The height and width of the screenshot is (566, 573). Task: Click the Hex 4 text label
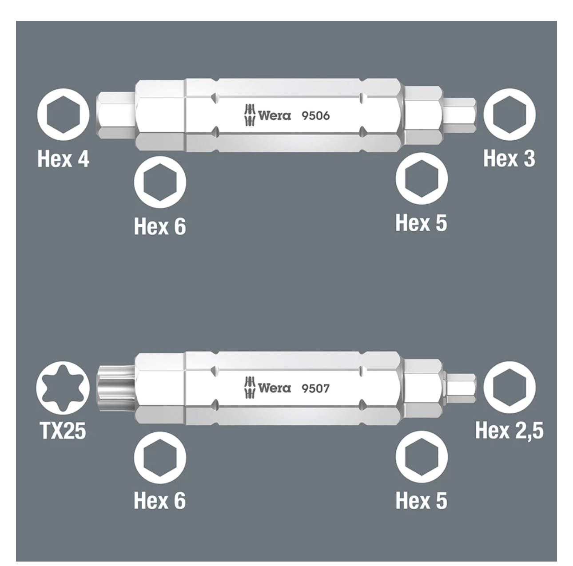pos(64,159)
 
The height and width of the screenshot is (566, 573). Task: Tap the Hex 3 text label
pos(509,158)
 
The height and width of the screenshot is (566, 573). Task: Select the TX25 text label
pos(63,431)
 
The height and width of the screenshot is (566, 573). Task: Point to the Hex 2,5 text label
pos(509,431)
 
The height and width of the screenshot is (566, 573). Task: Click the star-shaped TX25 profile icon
pos(63,388)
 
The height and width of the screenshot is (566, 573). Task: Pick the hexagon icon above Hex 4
pos(63,115)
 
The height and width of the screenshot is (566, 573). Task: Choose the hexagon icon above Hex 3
pos(509,115)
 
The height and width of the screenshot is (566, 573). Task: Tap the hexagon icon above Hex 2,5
pos(509,388)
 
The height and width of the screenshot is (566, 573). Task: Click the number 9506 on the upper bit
pos(316,115)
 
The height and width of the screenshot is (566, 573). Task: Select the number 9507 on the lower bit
pos(316,388)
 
